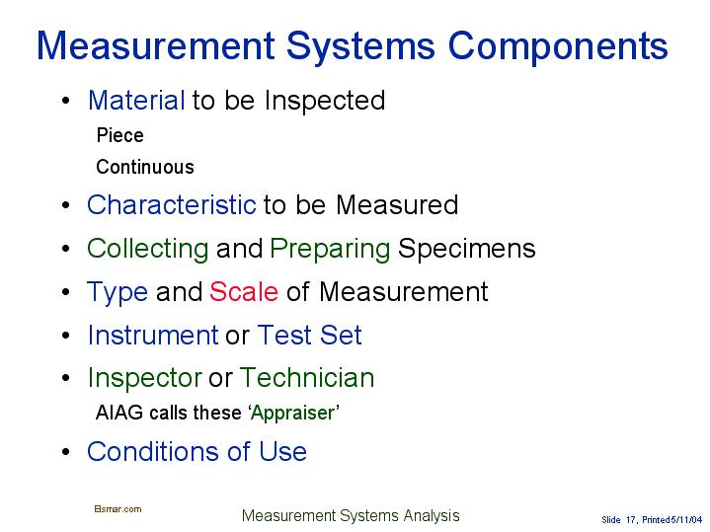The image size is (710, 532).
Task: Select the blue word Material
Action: pyautogui.click(x=136, y=101)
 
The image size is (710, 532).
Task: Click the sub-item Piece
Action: pyautogui.click(x=119, y=135)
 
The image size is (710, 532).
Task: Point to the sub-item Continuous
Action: pyautogui.click(x=144, y=167)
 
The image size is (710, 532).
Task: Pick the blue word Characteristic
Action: pyautogui.click(x=171, y=205)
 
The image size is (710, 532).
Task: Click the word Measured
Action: pyautogui.click(x=397, y=205)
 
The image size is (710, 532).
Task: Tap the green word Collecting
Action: pyautogui.click(x=147, y=249)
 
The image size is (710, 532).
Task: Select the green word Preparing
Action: pyautogui.click(x=330, y=249)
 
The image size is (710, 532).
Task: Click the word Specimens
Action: pyautogui.click(x=466, y=249)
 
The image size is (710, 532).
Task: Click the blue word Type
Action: pyautogui.click(x=118, y=292)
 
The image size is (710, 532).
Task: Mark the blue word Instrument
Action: pyautogui.click(x=152, y=336)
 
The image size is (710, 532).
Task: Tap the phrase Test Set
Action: pyautogui.click(x=309, y=336)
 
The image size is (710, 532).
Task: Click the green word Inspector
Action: pyautogui.click(x=144, y=378)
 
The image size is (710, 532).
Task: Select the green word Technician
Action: pyautogui.click(x=307, y=378)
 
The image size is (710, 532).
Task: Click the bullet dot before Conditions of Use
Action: pyautogui.click(x=64, y=453)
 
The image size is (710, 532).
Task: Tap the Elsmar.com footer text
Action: pyautogui.click(x=118, y=509)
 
